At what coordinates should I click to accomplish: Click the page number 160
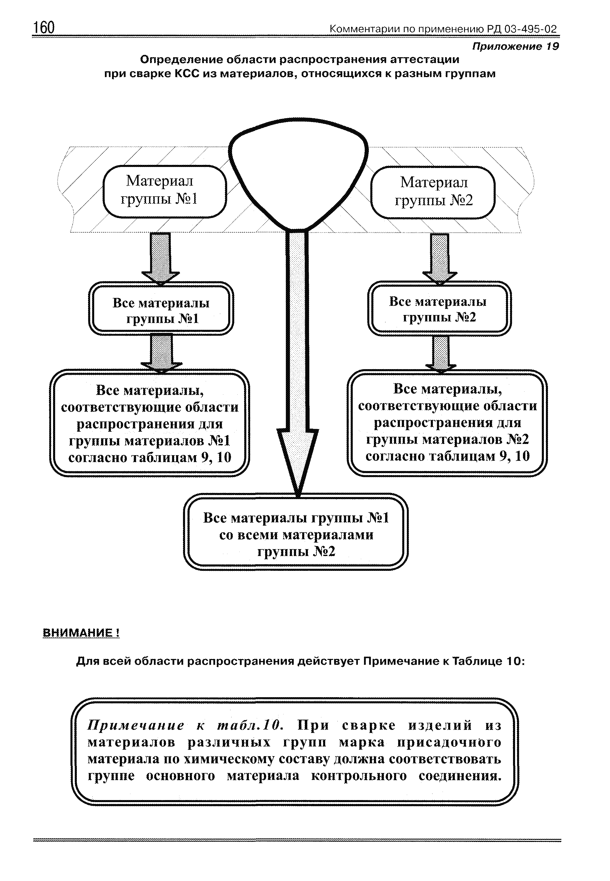coord(44,28)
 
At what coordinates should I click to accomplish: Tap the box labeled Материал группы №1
coord(165,191)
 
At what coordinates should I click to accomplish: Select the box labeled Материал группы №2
coord(433,192)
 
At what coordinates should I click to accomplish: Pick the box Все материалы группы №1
coord(161,308)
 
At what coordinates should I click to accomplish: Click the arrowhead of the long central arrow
coord(298,459)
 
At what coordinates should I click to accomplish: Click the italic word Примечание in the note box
coord(136,725)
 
